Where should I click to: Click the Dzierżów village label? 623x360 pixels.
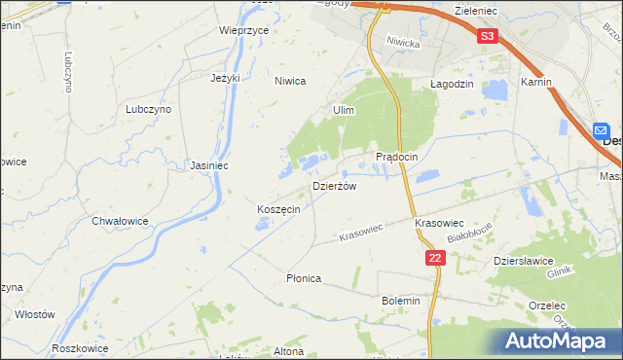(334, 186)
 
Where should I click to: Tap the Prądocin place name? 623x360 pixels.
(397, 157)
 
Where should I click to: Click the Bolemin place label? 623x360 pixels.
(401, 301)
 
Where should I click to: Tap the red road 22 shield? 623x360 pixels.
(435, 257)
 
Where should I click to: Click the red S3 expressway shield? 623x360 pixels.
(488, 37)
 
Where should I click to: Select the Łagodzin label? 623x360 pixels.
(452, 85)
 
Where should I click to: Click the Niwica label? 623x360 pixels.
(290, 82)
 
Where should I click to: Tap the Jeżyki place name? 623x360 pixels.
(225, 78)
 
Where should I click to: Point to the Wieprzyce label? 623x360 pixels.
(243, 30)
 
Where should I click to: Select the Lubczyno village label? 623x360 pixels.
(148, 110)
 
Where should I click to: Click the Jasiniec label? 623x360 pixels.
(209, 165)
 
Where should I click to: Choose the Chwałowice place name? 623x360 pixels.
(120, 221)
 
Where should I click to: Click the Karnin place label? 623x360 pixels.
(536, 83)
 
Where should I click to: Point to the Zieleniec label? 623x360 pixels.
(477, 8)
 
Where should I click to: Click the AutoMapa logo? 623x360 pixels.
(560, 342)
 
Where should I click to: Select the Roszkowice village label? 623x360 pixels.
(80, 347)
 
